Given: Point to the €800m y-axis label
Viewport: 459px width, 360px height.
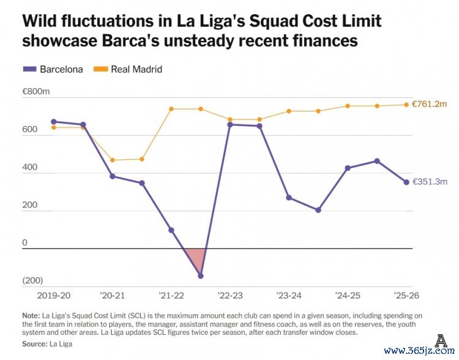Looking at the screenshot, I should coord(35,92).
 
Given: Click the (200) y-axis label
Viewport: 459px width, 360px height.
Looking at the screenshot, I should coord(32,280).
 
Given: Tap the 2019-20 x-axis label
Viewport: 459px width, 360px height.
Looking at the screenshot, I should coord(54,296).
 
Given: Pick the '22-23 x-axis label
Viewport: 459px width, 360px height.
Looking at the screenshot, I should coord(229,296).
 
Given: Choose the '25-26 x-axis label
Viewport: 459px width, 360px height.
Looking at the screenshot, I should coord(406,296).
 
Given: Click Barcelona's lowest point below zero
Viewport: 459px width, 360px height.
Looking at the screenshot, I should coord(201,276).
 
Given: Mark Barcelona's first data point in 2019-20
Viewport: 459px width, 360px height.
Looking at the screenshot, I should coord(54,122).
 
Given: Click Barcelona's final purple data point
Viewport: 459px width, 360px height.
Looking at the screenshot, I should coord(406,182).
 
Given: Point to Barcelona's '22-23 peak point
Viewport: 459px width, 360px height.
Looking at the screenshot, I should coord(230,125).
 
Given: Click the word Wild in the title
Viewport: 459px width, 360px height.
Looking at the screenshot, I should coord(42,21).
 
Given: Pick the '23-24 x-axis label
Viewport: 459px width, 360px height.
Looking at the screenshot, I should coord(289,296).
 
